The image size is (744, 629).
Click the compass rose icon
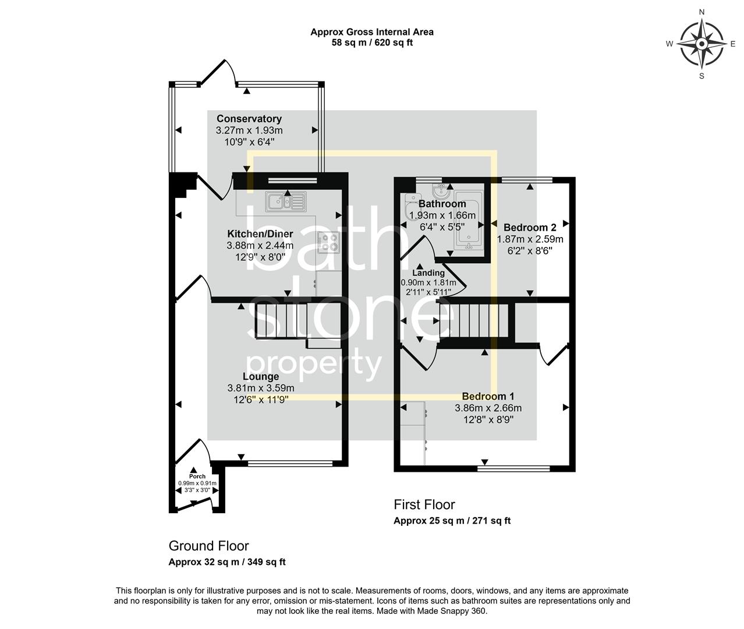[x=702, y=44]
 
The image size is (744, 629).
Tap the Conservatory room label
[x=249, y=119]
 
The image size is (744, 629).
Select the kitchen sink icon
[x=285, y=202]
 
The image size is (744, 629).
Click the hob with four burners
[x=329, y=242]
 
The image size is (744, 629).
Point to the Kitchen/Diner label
[x=260, y=234]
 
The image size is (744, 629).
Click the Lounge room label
[x=261, y=377]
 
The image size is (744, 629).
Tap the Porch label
[x=197, y=476]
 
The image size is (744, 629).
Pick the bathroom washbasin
[x=441, y=190]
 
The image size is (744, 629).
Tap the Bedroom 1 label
[x=488, y=397]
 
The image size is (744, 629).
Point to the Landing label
[x=428, y=273]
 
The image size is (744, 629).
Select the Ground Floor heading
[x=208, y=546]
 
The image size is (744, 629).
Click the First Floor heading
[x=424, y=505]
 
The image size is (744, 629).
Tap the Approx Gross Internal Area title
[x=371, y=32]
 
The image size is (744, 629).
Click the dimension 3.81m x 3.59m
[x=261, y=388]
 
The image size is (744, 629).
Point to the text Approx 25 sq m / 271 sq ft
[x=452, y=521]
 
